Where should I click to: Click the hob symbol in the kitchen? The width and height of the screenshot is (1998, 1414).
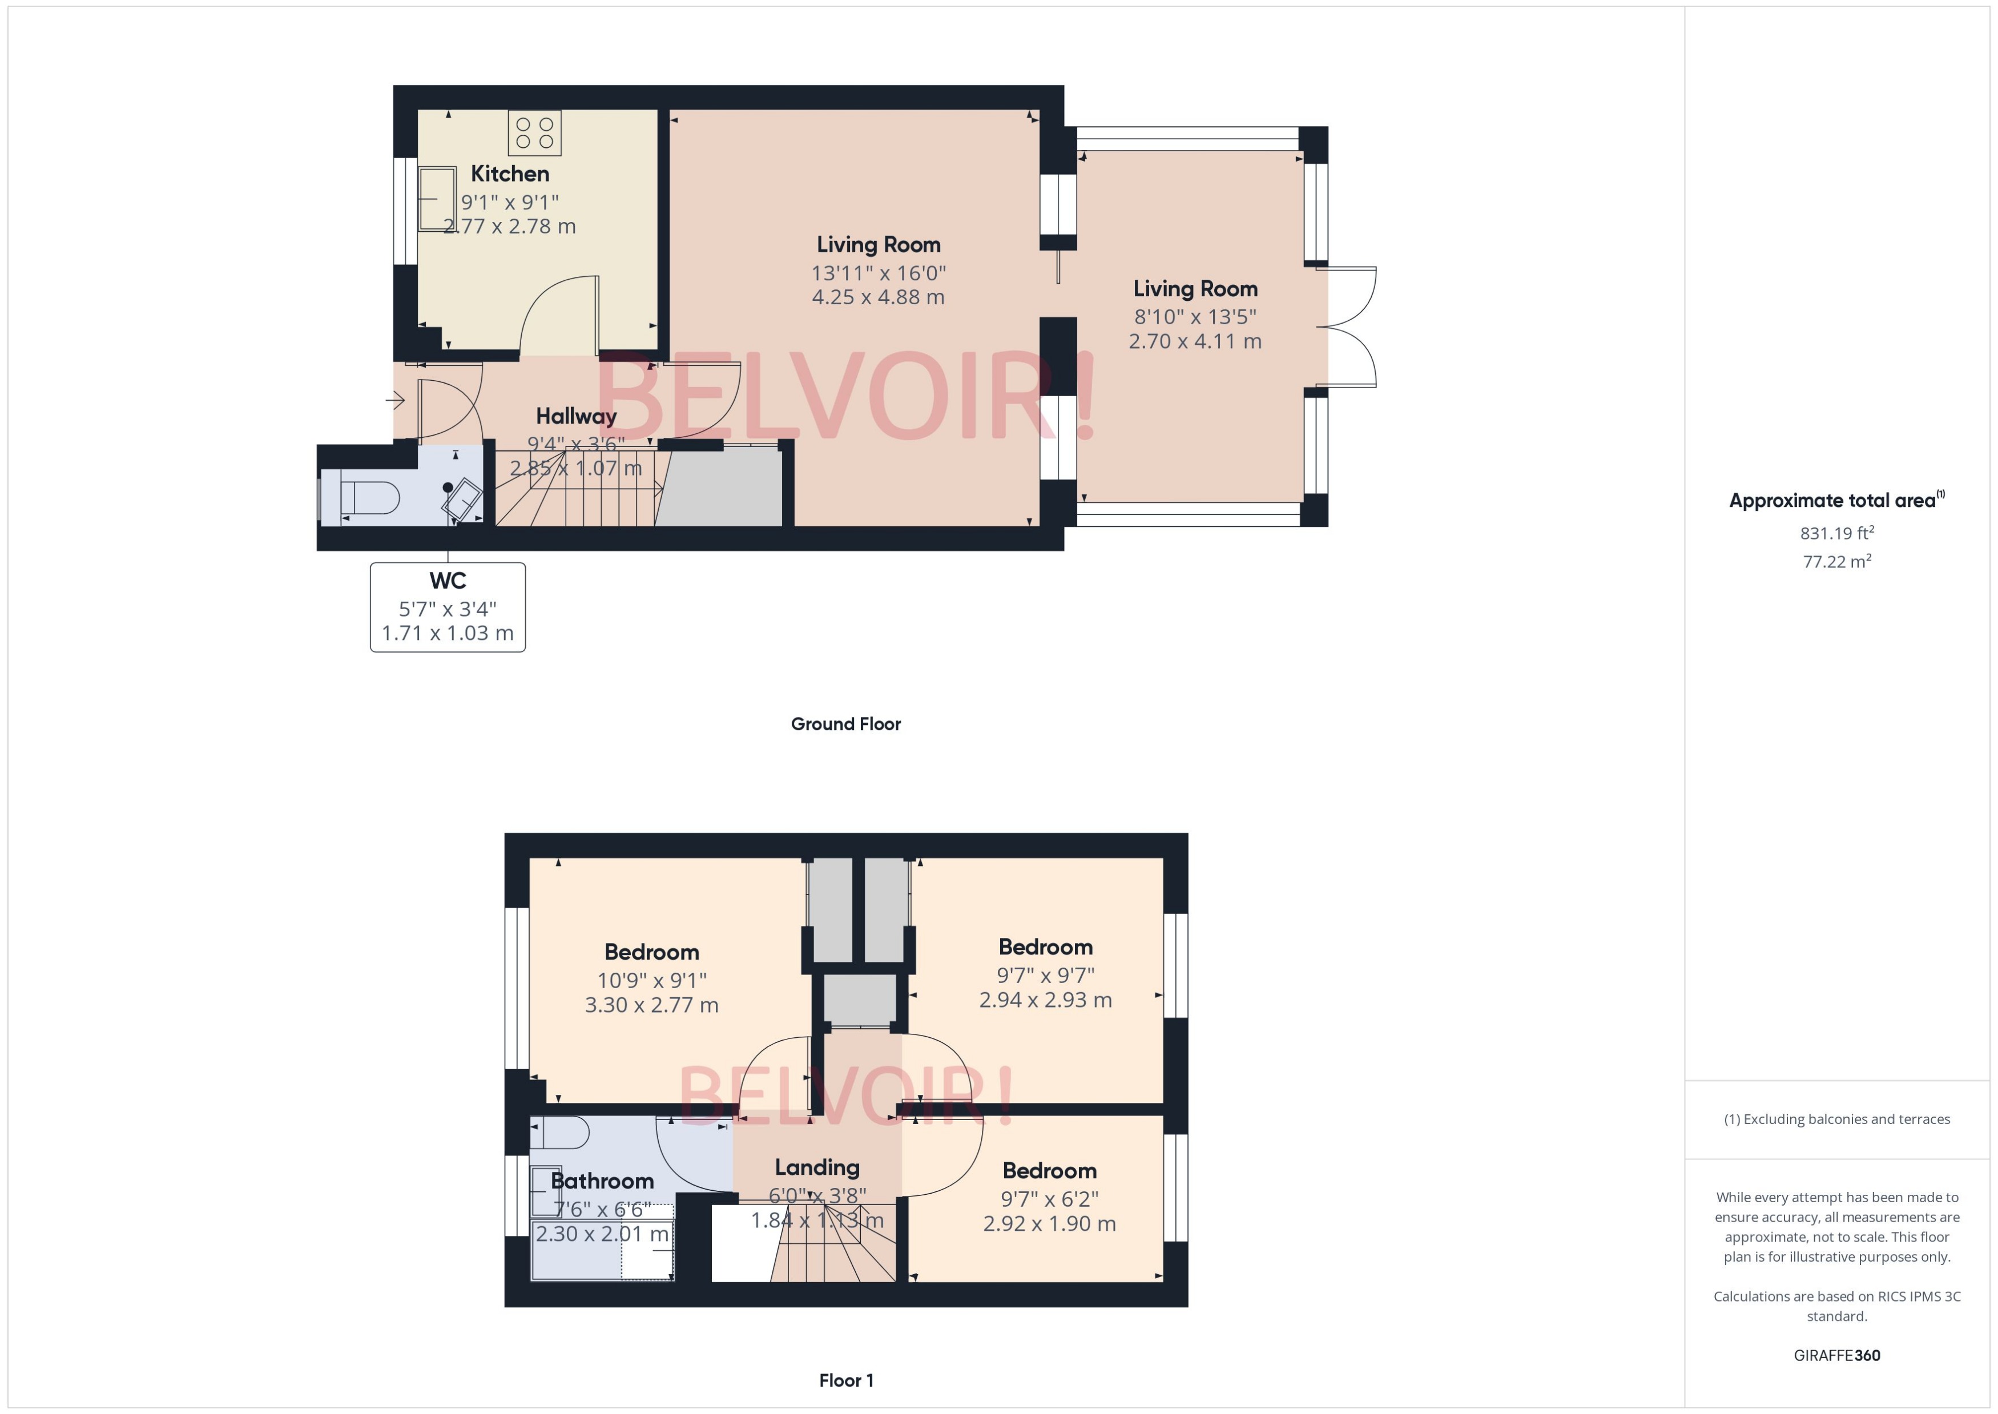point(534,133)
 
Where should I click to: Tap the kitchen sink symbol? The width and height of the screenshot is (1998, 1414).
point(438,199)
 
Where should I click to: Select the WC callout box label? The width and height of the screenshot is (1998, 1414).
point(448,581)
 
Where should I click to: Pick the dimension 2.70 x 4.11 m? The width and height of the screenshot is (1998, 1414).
point(1194,341)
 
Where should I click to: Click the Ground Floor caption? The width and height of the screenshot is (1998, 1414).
point(845,723)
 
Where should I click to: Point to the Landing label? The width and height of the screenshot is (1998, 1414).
point(817,1167)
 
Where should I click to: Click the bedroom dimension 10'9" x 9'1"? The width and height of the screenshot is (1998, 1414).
point(651,980)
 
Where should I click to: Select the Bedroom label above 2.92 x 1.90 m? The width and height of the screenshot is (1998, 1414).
point(1049,1171)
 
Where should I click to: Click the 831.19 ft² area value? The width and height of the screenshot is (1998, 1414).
point(1836,533)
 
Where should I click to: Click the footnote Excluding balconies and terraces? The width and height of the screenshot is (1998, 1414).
point(1836,1119)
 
